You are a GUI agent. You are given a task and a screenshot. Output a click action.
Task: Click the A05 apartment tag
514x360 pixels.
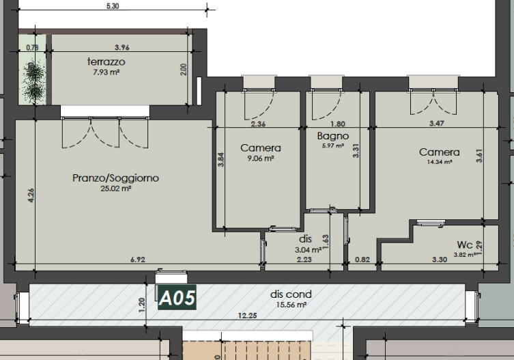pos(177,297)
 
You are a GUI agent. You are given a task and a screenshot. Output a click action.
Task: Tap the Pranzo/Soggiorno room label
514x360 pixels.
pos(116,178)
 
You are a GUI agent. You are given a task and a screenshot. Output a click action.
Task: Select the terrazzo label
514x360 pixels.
pos(106,61)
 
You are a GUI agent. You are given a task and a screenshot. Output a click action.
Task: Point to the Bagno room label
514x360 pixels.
pos(332,136)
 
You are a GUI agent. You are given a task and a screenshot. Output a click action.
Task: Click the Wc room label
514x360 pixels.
pos(465,245)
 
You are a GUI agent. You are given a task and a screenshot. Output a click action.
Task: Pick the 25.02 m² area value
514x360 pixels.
pos(116,189)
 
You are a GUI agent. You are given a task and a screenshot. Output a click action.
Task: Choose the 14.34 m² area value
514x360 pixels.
pos(440,162)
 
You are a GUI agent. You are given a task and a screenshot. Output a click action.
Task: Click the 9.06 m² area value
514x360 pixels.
pos(261,158)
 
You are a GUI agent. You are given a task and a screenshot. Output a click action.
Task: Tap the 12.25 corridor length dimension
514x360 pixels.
pos(248,316)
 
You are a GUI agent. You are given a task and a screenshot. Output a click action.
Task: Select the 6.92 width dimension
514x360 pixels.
pos(138,260)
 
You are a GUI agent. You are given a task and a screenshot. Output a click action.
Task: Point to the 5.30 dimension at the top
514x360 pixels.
pos(113,6)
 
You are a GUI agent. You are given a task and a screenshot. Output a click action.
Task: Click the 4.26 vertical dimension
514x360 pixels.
pos(31,195)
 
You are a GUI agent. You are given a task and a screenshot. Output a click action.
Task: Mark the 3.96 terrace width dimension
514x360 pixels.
pos(122,48)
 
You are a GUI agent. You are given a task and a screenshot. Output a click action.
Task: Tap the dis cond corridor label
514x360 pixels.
pos(291,294)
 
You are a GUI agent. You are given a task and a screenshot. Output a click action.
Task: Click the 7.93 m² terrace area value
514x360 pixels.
pos(106,72)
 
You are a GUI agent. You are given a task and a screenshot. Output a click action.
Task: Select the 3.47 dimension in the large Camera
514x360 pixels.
pos(437,124)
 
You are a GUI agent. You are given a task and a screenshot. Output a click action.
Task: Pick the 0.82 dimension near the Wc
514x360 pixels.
pos(362,260)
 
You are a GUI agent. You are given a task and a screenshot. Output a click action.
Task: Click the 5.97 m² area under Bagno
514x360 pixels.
pos(333,146)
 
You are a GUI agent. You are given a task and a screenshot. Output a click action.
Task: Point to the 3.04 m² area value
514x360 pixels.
pos(308,250)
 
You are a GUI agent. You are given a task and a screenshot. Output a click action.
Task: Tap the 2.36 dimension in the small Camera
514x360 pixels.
pos(258,124)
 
